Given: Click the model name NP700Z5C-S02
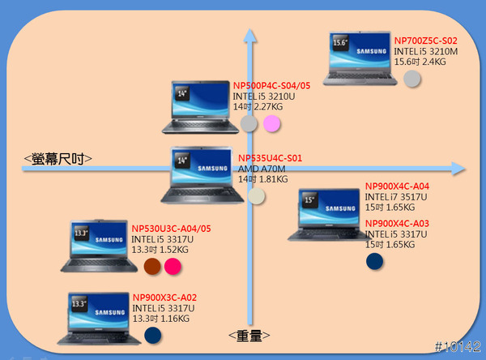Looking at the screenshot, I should pyautogui.click(x=425, y=41).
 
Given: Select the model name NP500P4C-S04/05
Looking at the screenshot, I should pyautogui.click(x=271, y=85).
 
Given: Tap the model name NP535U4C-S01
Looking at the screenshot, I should pyautogui.click(x=270, y=157).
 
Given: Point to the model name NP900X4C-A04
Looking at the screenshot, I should pyautogui.click(x=397, y=186).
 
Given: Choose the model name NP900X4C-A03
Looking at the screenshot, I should pyautogui.click(x=397, y=224).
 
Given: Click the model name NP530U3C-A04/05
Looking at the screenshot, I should pyautogui.click(x=170, y=229).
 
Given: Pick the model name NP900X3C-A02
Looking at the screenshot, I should pyautogui.click(x=164, y=298).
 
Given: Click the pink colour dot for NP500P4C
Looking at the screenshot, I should pyautogui.click(x=272, y=124).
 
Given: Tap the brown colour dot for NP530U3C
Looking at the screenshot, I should pyautogui.click(x=151, y=267).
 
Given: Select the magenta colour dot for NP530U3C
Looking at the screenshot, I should pyautogui.click(x=173, y=267).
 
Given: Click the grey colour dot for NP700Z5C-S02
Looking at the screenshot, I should pyautogui.click(x=412, y=79).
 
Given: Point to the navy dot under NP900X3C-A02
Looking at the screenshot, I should pyautogui.click(x=151, y=335).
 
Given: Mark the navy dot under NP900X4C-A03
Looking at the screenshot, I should pyautogui.click(x=374, y=261).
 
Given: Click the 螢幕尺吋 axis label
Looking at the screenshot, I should pyautogui.click(x=58, y=159).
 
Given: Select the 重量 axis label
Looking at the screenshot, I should pyautogui.click(x=249, y=335).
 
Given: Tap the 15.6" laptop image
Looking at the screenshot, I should pyautogui.click(x=359, y=58).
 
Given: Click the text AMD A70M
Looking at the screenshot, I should pyautogui.click(x=259, y=168).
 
